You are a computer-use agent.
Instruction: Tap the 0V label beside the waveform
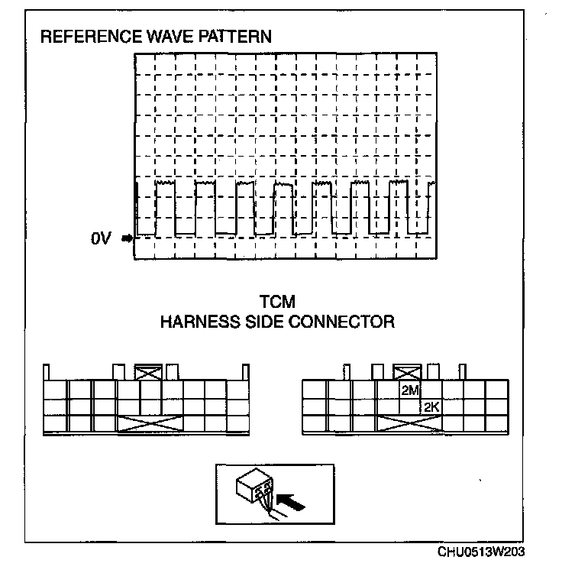(101, 238)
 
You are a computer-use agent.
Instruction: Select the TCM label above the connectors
(276, 303)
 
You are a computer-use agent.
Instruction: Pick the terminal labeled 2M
(410, 390)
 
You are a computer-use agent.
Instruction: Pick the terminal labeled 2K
(431, 407)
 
